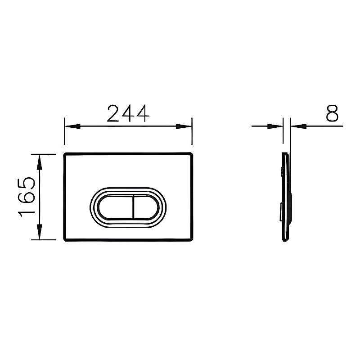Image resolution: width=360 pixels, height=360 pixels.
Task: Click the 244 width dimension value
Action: click(128, 113)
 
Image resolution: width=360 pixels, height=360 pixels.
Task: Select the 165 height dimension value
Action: click(27, 197)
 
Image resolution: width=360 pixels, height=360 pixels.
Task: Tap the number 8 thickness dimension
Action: click(332, 113)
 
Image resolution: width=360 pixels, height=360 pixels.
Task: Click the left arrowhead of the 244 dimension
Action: click(73, 126)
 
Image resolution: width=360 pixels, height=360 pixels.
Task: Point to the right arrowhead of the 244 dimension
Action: click(184, 126)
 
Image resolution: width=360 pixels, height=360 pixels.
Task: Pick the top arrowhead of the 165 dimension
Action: click(40, 162)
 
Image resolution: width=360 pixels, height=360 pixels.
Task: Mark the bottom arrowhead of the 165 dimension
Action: click(40, 232)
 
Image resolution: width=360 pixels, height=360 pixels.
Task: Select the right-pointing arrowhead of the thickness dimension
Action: click(275, 126)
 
